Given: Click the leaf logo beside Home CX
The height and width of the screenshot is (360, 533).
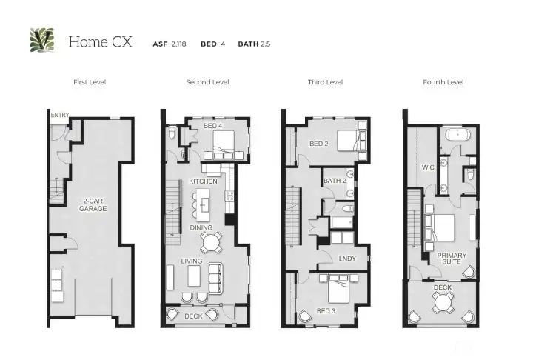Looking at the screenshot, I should pyautogui.click(x=41, y=41).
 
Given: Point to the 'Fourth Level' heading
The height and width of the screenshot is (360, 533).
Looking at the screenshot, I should pyautogui.click(x=443, y=82).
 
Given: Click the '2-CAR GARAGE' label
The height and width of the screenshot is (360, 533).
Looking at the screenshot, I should pyautogui.click(x=93, y=204).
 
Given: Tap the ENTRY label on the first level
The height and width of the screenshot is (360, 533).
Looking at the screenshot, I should pyautogui.click(x=58, y=116).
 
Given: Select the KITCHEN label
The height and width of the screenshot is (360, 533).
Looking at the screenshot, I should pyautogui.click(x=203, y=181).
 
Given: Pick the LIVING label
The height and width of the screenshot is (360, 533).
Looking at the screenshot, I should pyautogui.click(x=194, y=260).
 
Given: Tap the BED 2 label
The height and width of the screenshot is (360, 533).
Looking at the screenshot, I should pyautogui.click(x=318, y=144).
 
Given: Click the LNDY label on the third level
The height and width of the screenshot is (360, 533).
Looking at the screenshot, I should pyautogui.click(x=346, y=259).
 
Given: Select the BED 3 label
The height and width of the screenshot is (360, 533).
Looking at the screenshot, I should pyautogui.click(x=326, y=310).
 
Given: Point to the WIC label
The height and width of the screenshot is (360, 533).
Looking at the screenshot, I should pyautogui.click(x=427, y=167).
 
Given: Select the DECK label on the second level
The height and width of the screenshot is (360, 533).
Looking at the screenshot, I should pyautogui.click(x=193, y=316).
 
